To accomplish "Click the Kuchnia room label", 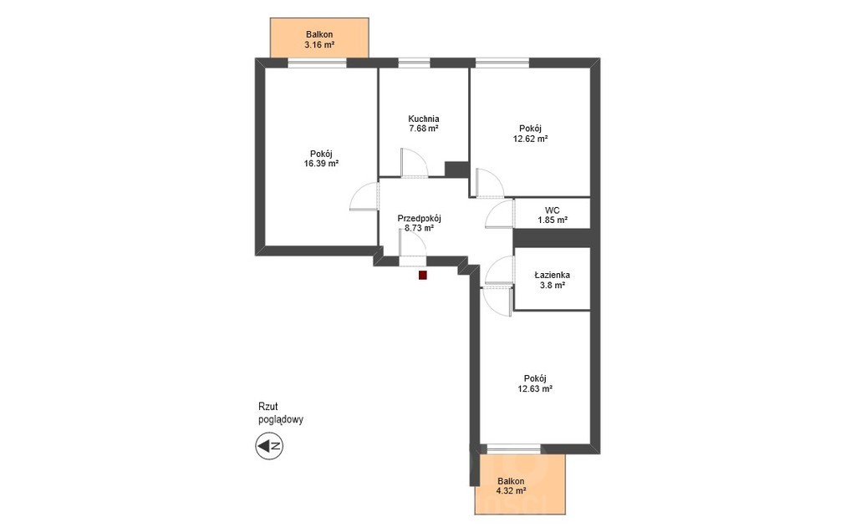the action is pyautogui.click(x=424, y=119).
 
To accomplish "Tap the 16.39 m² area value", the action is pyautogui.click(x=321, y=163).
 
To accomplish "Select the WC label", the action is pyautogui.click(x=552, y=210).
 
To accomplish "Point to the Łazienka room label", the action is pyautogui.click(x=552, y=275).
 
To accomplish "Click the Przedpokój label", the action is pyautogui.click(x=420, y=218).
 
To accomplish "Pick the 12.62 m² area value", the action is pyautogui.click(x=530, y=139).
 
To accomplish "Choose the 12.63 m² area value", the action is pyautogui.click(x=535, y=388).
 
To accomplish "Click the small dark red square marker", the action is pyautogui.click(x=422, y=276).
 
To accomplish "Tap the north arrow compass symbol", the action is pyautogui.click(x=269, y=446).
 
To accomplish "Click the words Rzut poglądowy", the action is pyautogui.click(x=281, y=413).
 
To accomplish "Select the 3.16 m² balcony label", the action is pyautogui.click(x=319, y=45).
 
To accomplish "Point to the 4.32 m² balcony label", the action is pyautogui.click(x=511, y=490).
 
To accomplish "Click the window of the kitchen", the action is pyautogui.click(x=415, y=63).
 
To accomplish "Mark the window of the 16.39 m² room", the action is pyautogui.click(x=317, y=63).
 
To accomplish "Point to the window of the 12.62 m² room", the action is pyautogui.click(x=502, y=63).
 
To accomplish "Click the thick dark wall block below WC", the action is pyautogui.click(x=553, y=238).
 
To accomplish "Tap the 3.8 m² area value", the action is pyautogui.click(x=552, y=285).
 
